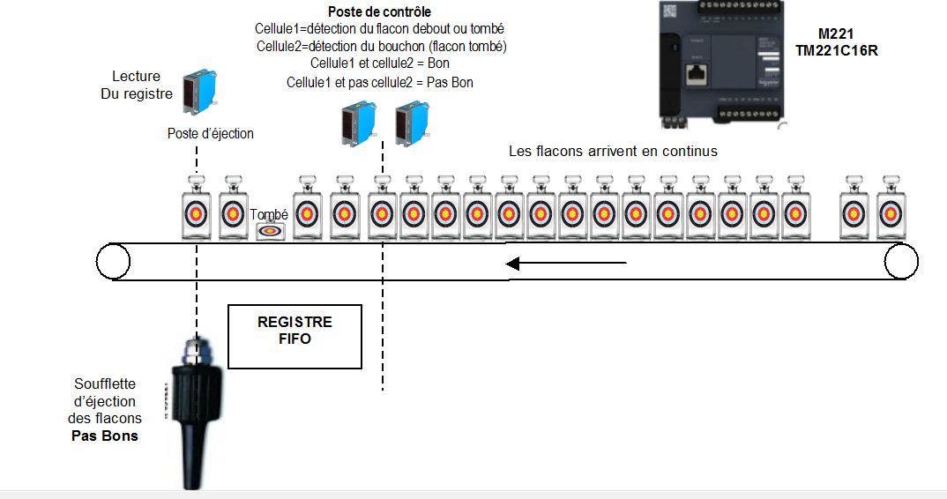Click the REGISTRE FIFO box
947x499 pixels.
coord(295,336)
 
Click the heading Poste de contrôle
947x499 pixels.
coord(379,12)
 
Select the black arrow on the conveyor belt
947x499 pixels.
coord(565,263)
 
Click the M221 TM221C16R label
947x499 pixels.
coord(847,42)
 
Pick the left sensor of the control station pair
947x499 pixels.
coord(358,123)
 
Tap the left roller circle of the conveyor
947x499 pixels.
coord(113,262)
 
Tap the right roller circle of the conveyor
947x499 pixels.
coord(901,262)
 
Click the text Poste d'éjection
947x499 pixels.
coord(211,134)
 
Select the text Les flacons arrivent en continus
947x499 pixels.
coord(613,151)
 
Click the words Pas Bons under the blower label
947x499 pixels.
coord(105,436)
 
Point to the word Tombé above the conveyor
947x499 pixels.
coord(269,214)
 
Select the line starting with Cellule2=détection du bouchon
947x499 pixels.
coord(382,46)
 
